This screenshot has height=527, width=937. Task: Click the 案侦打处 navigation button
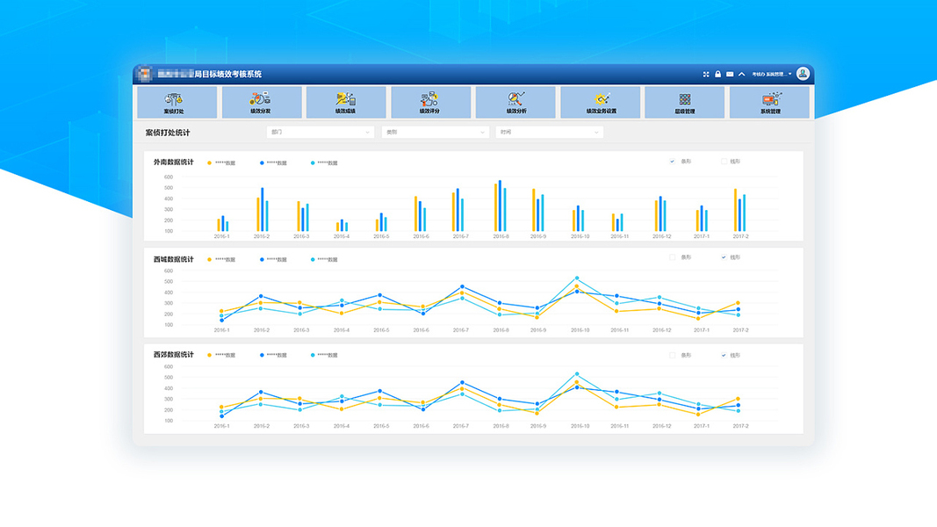[174, 103]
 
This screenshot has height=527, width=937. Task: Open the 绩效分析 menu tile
[515, 103]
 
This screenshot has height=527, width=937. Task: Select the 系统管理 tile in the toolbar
[770, 103]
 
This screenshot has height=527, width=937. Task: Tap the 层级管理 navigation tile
[685, 103]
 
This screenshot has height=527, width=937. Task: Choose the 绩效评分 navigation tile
[429, 103]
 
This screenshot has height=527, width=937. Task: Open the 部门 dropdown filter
[321, 133]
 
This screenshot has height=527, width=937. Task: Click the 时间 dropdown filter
[549, 133]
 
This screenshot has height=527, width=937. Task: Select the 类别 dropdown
[435, 133]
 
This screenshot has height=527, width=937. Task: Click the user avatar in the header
[803, 74]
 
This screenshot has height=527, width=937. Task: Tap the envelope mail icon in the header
[730, 75]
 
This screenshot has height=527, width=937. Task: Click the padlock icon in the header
[717, 75]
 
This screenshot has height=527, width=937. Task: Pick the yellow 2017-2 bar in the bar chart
[735, 210]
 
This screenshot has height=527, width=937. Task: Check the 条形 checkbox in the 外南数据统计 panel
[673, 162]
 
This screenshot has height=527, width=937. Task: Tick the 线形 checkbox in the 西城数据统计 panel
[724, 257]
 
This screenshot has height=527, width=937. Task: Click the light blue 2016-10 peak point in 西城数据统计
[577, 278]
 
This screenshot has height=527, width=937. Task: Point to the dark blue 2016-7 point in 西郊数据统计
[462, 383]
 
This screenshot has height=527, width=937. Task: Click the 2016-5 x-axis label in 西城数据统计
[381, 330]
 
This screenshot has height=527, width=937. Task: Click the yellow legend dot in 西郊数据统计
[209, 356]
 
